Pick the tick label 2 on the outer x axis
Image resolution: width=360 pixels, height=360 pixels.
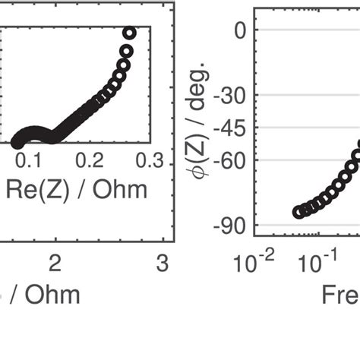click(x=55, y=263)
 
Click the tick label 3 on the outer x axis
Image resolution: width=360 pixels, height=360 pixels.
click(x=161, y=263)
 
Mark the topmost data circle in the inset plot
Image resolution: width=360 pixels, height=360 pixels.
click(x=129, y=33)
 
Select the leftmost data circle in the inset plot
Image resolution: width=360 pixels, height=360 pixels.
click(x=17, y=141)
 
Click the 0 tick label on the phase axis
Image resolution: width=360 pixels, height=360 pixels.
click(x=241, y=30)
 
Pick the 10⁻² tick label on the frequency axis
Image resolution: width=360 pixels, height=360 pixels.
click(x=253, y=263)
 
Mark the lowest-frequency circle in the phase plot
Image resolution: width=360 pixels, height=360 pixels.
click(x=299, y=212)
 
